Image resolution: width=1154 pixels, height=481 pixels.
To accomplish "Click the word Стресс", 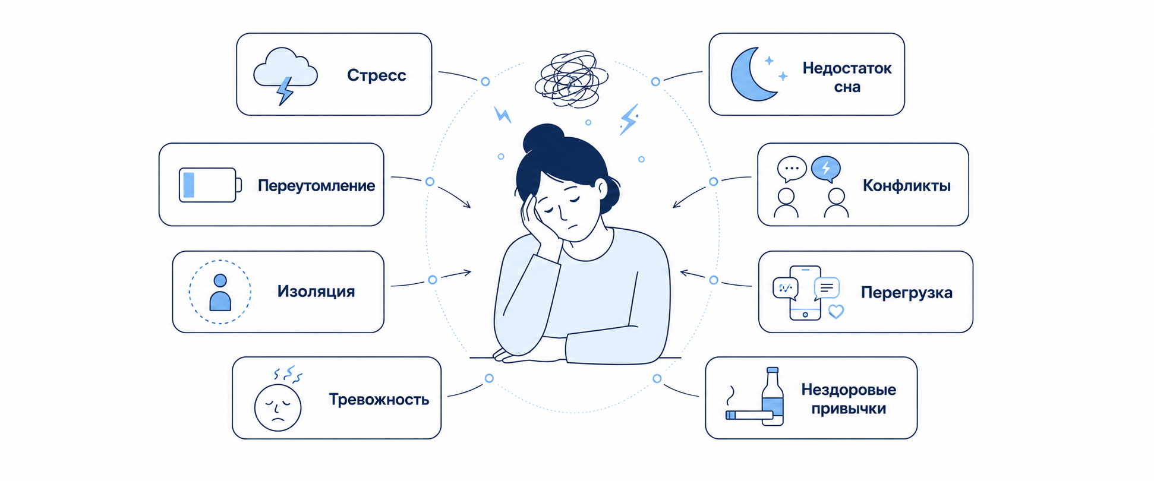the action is point(376,75).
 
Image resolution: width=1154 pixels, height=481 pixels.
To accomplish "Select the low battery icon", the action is point(210,185).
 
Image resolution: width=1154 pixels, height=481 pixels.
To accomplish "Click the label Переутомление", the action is point(316,186).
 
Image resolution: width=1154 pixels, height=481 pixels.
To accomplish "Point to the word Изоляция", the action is point(316,292).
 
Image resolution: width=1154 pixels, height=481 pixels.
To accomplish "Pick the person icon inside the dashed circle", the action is point(220,292).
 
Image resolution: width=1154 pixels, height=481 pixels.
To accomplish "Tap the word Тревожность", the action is point(379,400).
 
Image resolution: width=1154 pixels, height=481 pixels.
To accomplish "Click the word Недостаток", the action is point(847,68).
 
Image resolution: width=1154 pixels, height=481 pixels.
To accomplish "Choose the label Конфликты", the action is point(906,186).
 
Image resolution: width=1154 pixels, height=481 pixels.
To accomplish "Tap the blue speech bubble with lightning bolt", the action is point(826,169).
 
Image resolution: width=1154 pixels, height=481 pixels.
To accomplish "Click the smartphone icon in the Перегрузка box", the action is point(805,293).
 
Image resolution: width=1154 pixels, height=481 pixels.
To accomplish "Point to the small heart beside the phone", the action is point(836,311).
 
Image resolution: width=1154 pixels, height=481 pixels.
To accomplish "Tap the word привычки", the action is point(849,409).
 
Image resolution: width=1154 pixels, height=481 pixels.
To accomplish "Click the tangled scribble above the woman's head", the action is point(571,79).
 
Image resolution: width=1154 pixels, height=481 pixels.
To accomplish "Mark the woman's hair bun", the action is point(543,138).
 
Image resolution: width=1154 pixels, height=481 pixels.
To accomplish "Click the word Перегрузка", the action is point(906,293).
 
